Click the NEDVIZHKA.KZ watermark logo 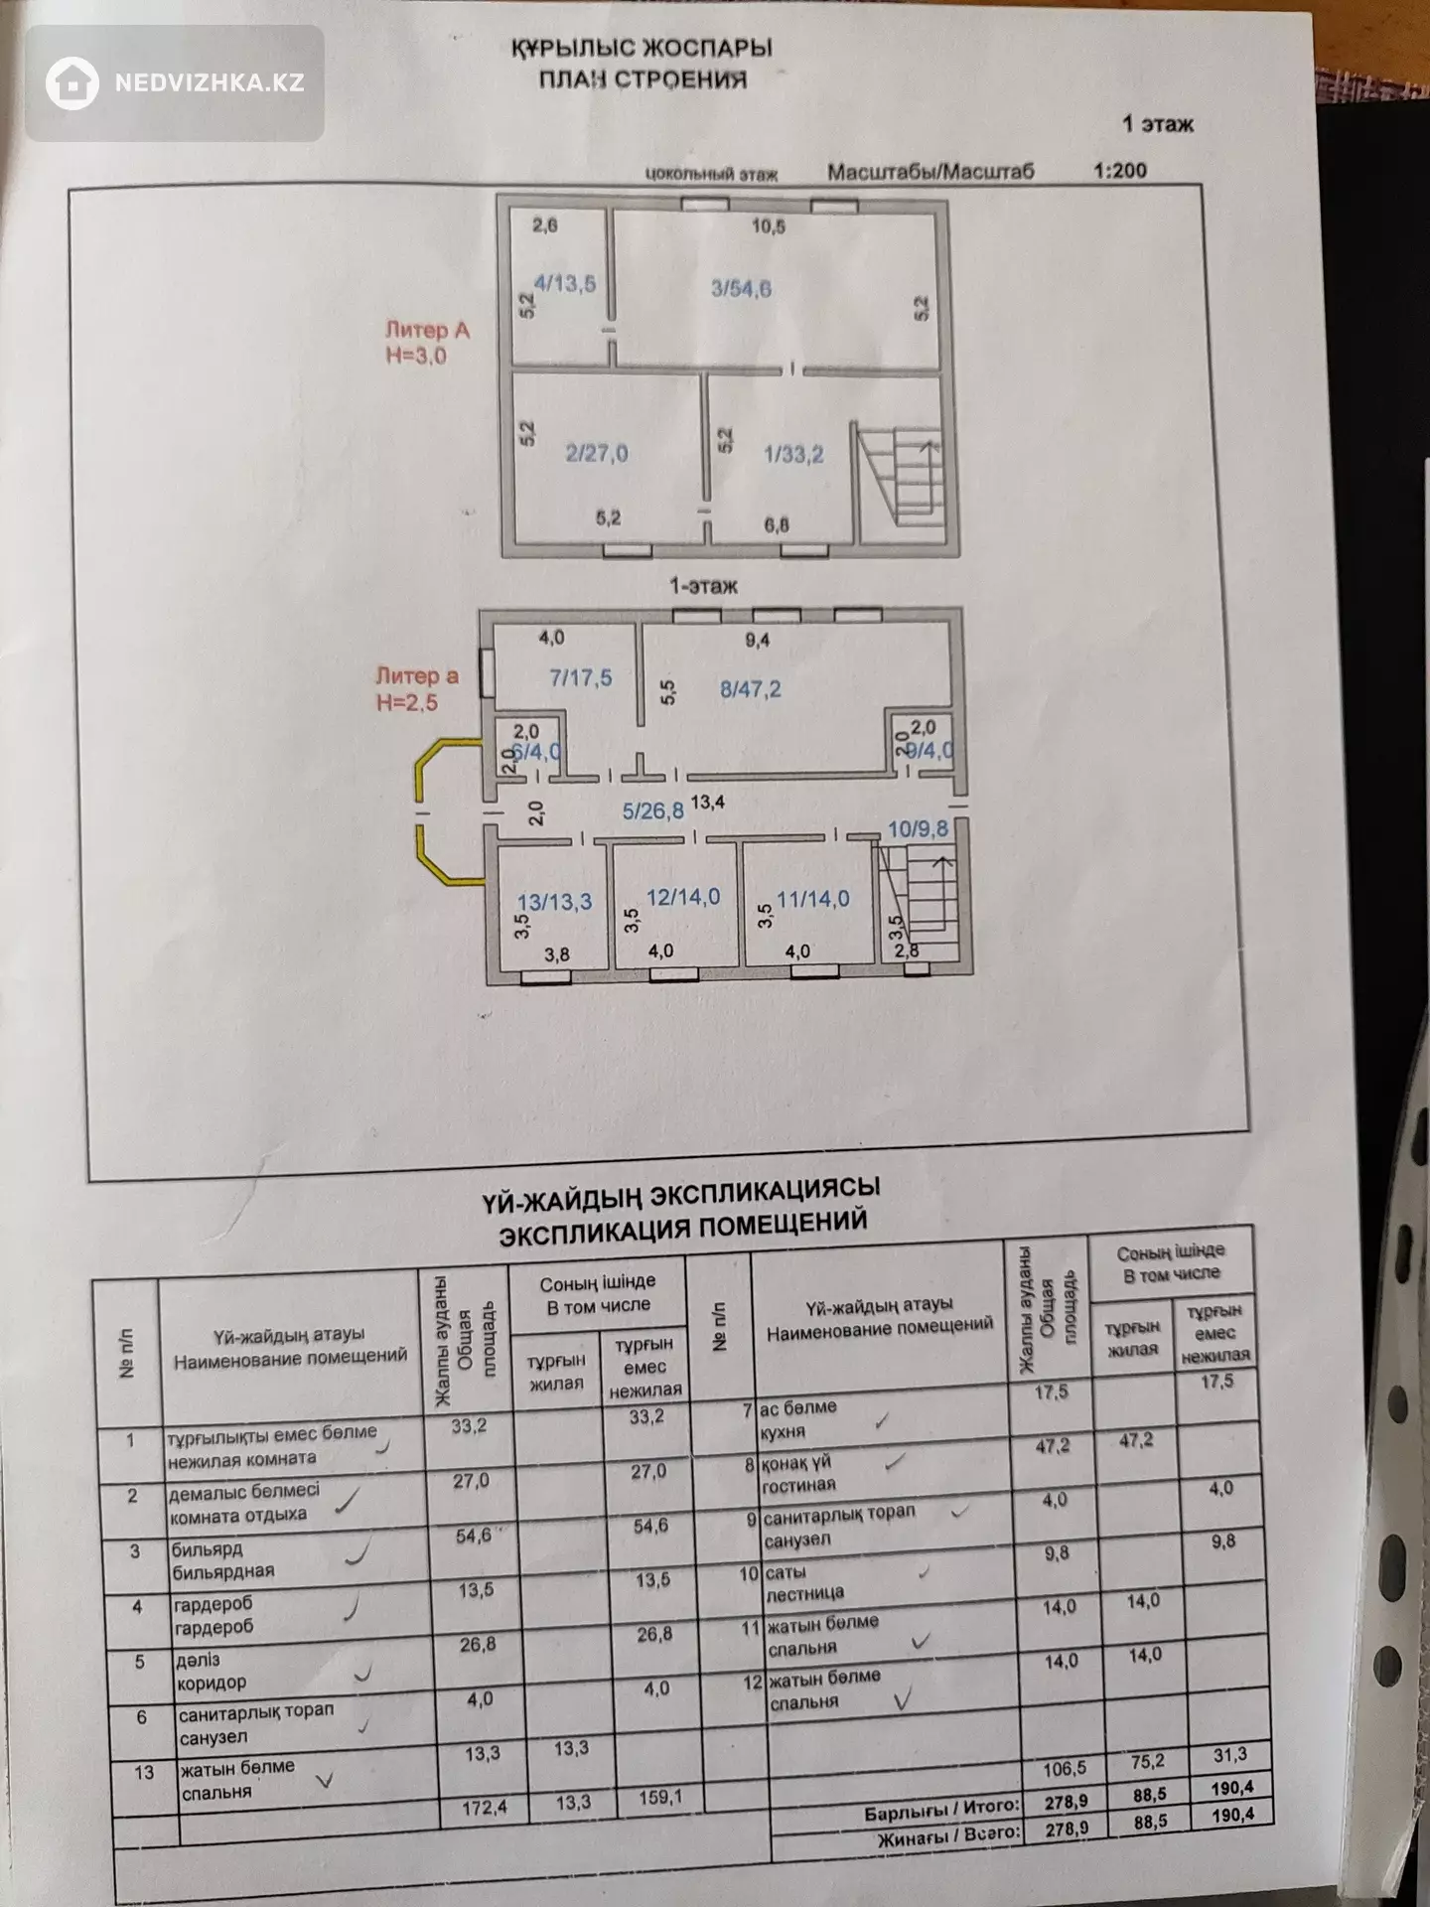175,82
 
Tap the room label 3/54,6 742,289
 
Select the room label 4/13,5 565,284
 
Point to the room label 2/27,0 596,454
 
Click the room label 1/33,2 793,455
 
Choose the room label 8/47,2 751,688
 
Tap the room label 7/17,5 581,678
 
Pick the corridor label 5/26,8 653,810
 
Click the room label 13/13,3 555,902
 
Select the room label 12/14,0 683,897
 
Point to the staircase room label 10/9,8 919,828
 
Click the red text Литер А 427,330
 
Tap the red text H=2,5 406,702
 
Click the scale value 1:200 1120,170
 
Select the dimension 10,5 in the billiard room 768,226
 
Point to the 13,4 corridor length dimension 708,802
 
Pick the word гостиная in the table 798,1485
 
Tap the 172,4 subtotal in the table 485,1807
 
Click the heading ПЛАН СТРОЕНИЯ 643,79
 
